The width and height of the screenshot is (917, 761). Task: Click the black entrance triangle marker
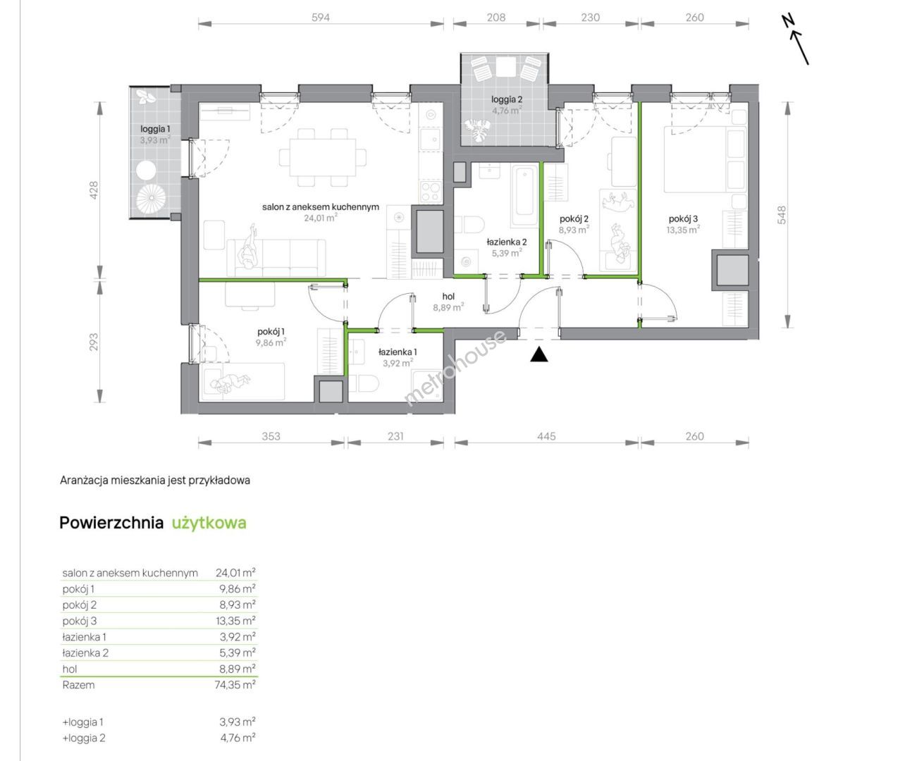[x=539, y=355]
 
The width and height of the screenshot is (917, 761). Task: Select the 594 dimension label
[x=320, y=17]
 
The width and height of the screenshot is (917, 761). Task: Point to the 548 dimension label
[x=782, y=215]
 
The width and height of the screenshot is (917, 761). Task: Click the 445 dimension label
[x=546, y=436]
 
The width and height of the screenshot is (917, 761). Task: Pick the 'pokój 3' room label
[x=683, y=218]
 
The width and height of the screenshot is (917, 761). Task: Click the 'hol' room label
[x=448, y=297]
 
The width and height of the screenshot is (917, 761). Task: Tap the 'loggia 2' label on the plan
[x=507, y=99]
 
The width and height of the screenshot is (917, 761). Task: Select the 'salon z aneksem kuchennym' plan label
[x=321, y=207]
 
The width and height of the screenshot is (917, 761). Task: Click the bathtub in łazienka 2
[x=525, y=195]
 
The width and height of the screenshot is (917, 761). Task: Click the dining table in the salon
[x=322, y=156]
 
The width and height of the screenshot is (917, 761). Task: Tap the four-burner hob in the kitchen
[x=431, y=192]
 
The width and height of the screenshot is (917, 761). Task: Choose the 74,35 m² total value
[x=235, y=685]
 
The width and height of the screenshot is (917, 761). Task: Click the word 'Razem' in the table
[x=78, y=685]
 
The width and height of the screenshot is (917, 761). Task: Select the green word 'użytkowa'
[x=209, y=523]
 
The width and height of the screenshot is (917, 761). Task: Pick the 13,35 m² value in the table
[x=237, y=621]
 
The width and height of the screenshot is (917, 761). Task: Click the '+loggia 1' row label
[x=83, y=722]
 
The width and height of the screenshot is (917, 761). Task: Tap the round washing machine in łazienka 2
[x=465, y=262]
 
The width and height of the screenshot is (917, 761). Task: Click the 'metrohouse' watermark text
[x=455, y=368]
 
